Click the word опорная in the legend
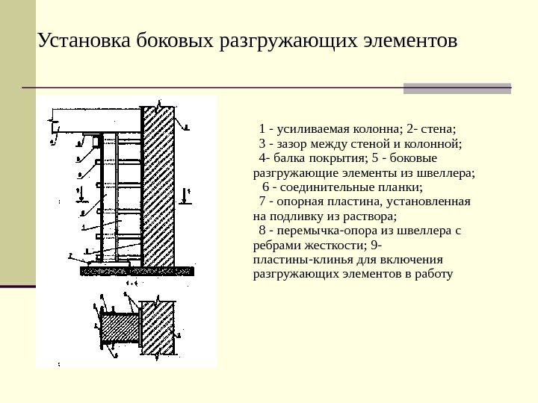click(301, 201)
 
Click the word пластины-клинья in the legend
click(299, 260)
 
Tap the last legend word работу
click(435, 274)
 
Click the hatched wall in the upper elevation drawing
click(158, 187)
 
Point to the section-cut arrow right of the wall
click(188, 196)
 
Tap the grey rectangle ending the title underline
click(457, 88)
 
